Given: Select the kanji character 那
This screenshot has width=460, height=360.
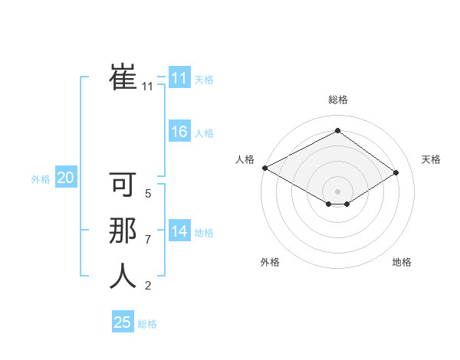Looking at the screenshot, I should coord(123,231).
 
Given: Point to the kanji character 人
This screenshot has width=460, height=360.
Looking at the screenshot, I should coord(123,276).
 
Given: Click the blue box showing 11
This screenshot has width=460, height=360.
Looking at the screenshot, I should coord(179,78).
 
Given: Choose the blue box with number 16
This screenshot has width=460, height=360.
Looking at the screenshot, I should coord(179,132).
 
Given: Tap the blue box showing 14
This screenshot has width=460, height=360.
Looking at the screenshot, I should coord(179,231).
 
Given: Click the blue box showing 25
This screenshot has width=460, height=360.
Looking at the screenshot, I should coord(123,322).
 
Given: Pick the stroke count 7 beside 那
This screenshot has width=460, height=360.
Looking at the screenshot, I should coord(148,240).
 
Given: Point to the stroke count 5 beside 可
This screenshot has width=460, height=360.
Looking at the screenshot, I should coord(148,194).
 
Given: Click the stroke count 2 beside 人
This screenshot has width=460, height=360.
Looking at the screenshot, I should coord(148,286).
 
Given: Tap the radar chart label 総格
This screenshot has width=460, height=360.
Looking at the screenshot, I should coord(337,100).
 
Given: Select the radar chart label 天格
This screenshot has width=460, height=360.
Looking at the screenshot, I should coord(431,159).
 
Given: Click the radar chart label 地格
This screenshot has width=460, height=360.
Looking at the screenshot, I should coord(402,262).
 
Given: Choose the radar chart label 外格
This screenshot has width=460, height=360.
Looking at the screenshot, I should coord(270,262).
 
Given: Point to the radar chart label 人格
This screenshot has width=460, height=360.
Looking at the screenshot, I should coord(244,159).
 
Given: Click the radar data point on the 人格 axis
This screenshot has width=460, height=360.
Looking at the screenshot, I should coord(264,168).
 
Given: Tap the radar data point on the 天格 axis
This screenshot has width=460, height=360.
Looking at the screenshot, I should coord(396,172).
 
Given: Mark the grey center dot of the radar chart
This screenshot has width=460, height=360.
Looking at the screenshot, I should coord(337,191).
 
